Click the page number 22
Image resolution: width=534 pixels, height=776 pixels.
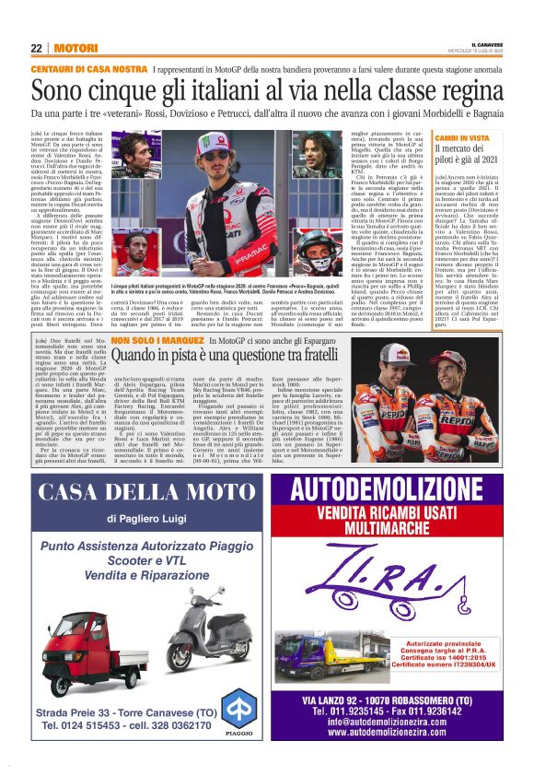pos(37,47)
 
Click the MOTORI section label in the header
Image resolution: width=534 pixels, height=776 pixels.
pos(75,47)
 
